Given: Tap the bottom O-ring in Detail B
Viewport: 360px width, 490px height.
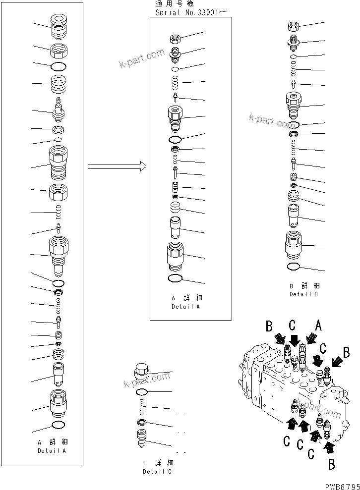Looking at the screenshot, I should pyautogui.click(x=294, y=267).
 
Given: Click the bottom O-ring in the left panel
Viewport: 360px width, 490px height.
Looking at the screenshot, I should pyautogui.click(x=58, y=425).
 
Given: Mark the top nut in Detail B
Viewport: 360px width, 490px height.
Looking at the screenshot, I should pyautogui.click(x=294, y=26).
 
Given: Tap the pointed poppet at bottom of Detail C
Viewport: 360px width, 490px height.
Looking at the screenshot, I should pyautogui.click(x=141, y=438).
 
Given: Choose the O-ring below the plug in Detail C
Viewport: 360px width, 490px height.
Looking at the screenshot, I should pyautogui.click(x=141, y=392).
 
